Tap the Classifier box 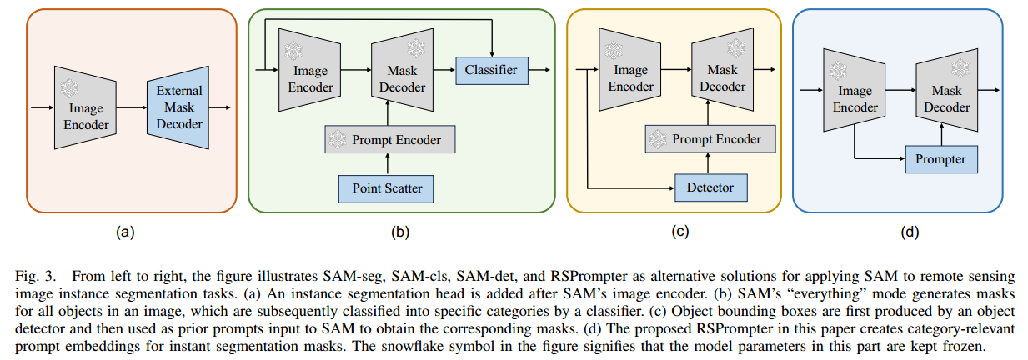click(492, 71)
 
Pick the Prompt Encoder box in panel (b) click(390, 139)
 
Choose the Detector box click(711, 188)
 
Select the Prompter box click(940, 157)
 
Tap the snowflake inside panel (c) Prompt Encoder click(659, 139)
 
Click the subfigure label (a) click(126, 233)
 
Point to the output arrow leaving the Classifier click(541, 71)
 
